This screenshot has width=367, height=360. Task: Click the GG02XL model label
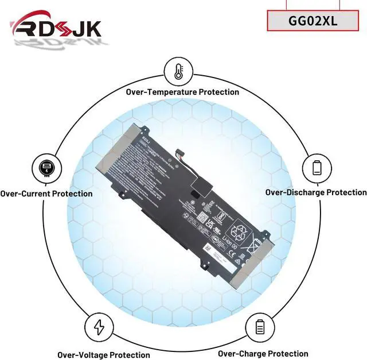(x=313, y=21)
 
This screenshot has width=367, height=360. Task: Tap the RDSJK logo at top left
(x=56, y=28)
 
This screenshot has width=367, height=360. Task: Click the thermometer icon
(x=178, y=71)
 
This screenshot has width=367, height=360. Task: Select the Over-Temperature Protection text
(x=182, y=92)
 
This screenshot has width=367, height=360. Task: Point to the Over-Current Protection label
(x=46, y=193)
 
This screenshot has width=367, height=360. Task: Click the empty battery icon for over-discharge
(x=317, y=168)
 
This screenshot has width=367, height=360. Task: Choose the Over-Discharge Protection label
(x=315, y=192)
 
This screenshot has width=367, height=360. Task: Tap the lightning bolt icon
(x=99, y=327)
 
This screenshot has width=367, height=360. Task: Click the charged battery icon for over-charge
(x=259, y=327)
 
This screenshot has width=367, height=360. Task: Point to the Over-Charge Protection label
(x=263, y=354)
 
